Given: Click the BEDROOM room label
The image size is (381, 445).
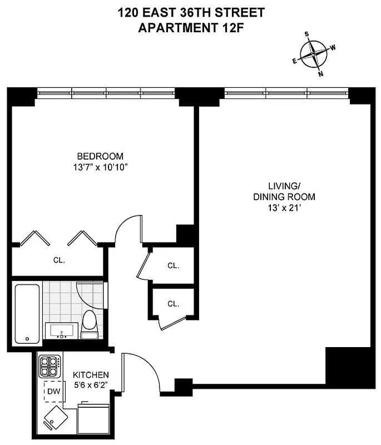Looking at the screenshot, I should pos(101,156).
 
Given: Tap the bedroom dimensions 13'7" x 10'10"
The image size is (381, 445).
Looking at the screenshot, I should pos(101,167).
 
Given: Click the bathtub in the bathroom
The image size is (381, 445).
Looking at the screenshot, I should pos(27,314).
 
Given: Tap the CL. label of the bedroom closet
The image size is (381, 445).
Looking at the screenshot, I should pos(60,260).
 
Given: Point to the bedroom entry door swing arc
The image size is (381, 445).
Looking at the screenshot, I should pos(127,228).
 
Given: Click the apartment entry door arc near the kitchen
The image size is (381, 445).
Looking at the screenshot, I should pos(144,370).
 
